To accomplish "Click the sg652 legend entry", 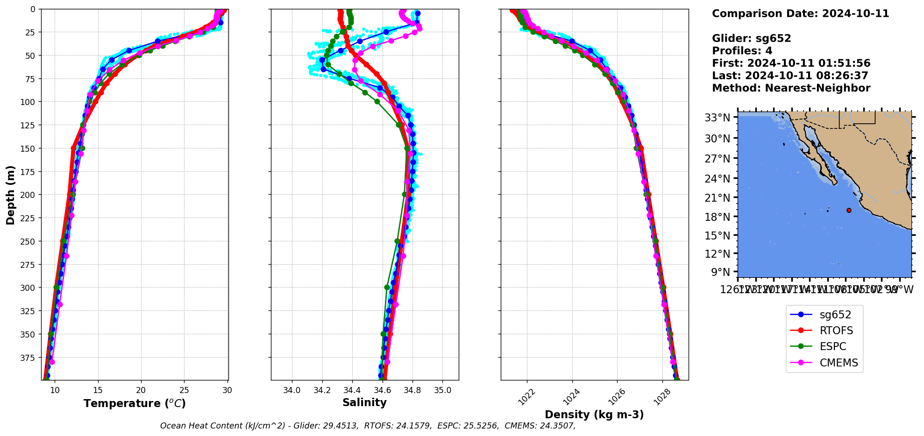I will coord(835,315).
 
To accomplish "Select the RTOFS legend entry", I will coord(836,331).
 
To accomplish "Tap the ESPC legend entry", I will coord(832,346).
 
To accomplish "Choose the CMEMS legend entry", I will coord(839,363).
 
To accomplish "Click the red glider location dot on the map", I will coord(849,210).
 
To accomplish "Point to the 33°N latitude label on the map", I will coord(717,118).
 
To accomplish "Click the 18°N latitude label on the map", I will coord(717,217).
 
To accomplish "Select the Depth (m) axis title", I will coord(10,195).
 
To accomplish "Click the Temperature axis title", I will coord(135,403).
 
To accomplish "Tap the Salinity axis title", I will coord(364,402).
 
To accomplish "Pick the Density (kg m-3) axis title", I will coord(594,415).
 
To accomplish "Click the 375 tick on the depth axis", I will coord(28,358).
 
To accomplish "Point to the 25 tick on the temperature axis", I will coord(184,390).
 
